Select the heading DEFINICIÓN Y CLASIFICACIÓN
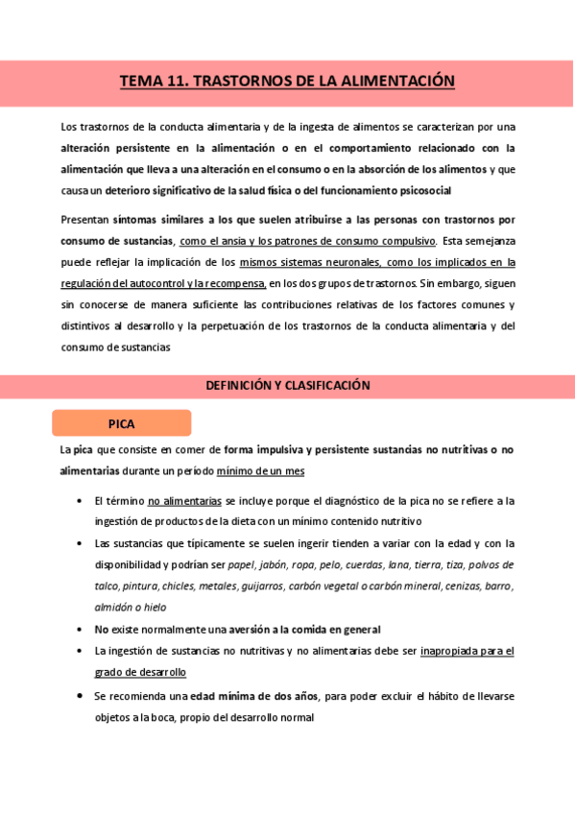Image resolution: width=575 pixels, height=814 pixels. [288, 385]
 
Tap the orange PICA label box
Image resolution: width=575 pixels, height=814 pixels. [122, 423]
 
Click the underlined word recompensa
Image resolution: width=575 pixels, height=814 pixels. [234, 283]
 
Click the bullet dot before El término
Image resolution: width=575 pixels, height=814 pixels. [78, 501]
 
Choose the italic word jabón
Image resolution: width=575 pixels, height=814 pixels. [273, 564]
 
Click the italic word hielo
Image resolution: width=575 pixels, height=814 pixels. [152, 607]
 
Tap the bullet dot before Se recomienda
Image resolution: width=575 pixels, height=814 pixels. [78, 695]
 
